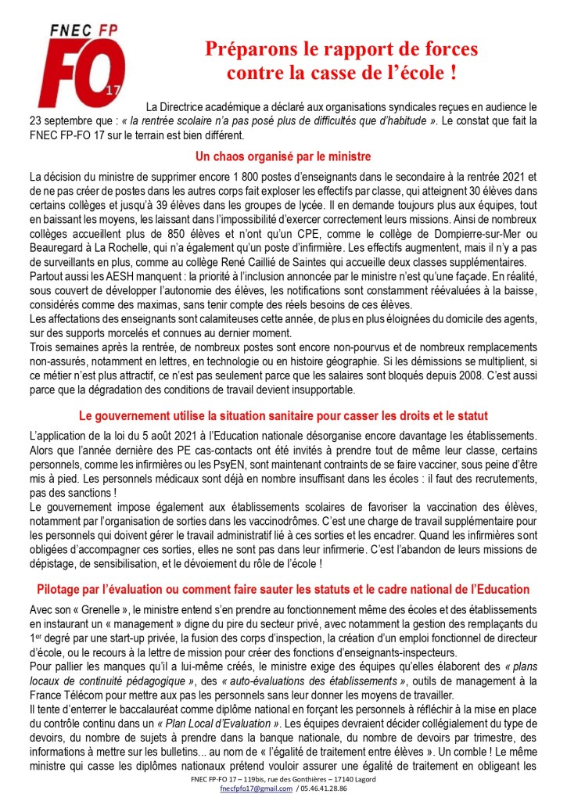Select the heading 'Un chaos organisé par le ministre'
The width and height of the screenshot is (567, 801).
(x=283, y=156)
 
